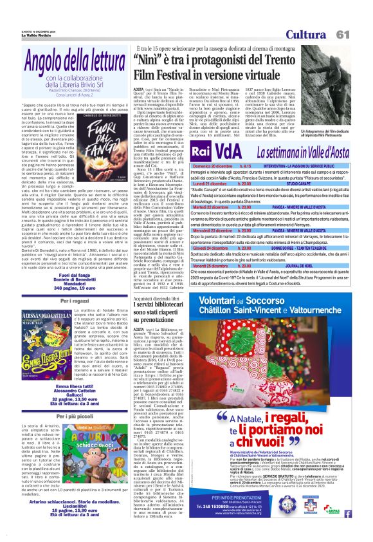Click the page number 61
[359, 34]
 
